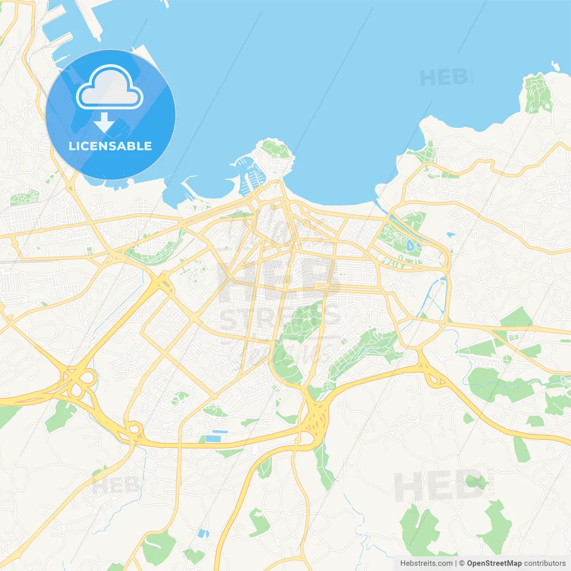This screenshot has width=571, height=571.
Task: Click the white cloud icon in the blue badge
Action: pos(109,87)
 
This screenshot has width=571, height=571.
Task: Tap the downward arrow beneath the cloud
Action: pos(104,123)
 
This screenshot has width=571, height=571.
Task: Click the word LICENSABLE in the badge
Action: pos(110,146)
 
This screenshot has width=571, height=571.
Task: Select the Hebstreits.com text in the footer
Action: pos(426,563)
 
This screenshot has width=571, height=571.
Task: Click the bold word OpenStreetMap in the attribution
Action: pos(494,563)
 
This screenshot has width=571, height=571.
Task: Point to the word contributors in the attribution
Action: pos(545,563)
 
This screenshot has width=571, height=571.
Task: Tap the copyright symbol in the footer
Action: pos(462,563)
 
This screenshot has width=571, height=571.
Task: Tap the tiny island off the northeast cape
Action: pos(555,66)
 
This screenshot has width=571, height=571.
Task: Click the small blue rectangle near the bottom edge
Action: pos(203,533)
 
